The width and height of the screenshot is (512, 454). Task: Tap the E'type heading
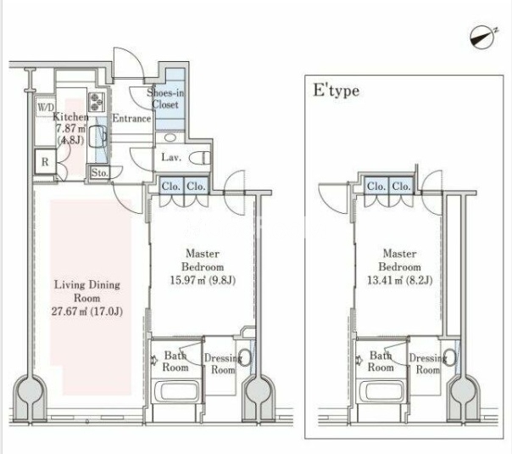336,91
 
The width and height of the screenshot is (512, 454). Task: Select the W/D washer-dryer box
46,107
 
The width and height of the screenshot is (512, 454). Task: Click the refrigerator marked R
45,161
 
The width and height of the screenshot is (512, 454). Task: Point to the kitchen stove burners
96,102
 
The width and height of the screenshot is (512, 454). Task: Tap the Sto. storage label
99,172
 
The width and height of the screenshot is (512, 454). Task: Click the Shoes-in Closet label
165,98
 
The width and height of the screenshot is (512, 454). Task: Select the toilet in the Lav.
200,158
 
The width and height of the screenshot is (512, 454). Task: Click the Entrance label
131,118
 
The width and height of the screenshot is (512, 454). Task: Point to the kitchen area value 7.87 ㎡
70,128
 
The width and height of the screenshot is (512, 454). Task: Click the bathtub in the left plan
176,391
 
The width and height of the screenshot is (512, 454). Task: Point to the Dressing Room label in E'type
428,364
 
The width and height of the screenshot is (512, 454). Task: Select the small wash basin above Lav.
170,137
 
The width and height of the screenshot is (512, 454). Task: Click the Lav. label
171,158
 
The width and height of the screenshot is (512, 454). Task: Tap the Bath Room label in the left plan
175,362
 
